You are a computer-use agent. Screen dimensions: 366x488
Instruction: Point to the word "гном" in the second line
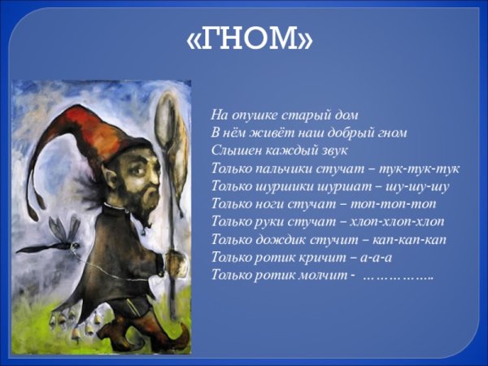click(x=392, y=133)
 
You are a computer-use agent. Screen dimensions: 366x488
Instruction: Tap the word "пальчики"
click(x=290, y=168)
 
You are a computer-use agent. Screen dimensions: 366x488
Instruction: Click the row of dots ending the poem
click(x=398, y=277)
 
